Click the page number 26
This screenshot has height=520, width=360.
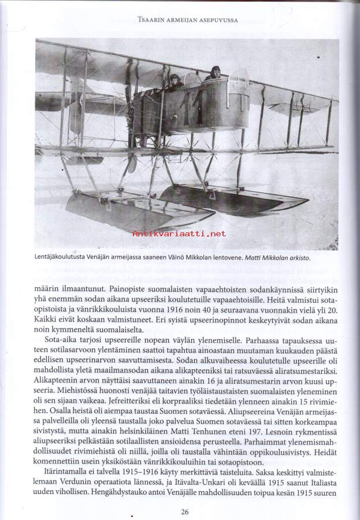click(x=184, y=511)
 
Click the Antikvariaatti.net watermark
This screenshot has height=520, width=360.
click(x=179, y=233)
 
